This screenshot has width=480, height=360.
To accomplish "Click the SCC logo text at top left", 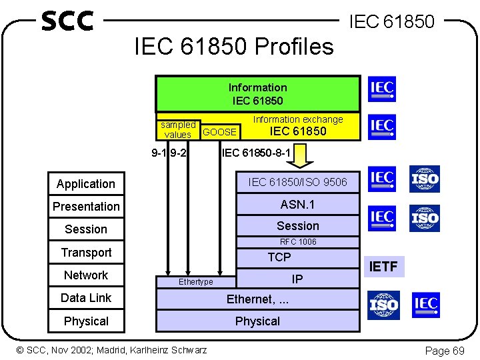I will [67, 21].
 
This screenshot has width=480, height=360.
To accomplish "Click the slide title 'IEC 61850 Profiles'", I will [234, 46].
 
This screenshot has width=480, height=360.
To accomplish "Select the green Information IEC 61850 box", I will [257, 94].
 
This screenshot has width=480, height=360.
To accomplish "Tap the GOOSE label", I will [219, 132].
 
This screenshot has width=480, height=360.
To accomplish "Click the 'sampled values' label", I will [178, 129].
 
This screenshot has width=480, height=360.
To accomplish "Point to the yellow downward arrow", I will [304, 156].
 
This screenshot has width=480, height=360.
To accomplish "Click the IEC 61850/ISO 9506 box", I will [298, 181].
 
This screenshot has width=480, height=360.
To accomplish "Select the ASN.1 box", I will [298, 205].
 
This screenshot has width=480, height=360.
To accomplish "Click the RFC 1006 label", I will [298, 241].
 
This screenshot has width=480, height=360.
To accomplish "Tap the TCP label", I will [279, 257].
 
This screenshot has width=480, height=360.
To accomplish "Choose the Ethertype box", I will [196, 282].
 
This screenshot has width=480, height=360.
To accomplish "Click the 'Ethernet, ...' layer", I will [257, 299].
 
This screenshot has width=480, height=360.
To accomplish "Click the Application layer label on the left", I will [86, 184].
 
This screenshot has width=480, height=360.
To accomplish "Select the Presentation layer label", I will [86, 207].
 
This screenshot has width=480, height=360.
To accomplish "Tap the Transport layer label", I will [86, 253].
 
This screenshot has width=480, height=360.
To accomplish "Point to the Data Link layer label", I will [86, 298].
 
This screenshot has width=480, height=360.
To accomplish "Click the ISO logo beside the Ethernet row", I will [383, 305].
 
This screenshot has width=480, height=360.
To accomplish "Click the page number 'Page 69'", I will [445, 351].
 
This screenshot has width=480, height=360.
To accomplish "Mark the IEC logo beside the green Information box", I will [381, 89].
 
